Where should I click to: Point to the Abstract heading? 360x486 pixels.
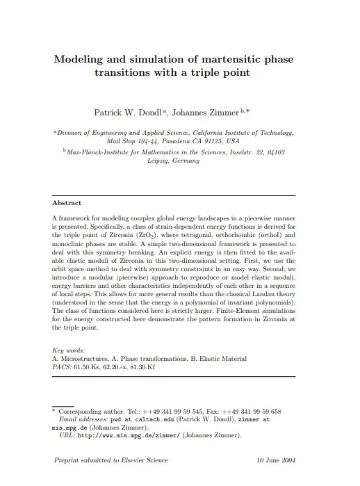click(67, 203)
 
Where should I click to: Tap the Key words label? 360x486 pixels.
click(69, 351)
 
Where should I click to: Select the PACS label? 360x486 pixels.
click(62, 366)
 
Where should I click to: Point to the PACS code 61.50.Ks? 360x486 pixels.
click(91, 366)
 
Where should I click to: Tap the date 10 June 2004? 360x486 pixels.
click(277, 460)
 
